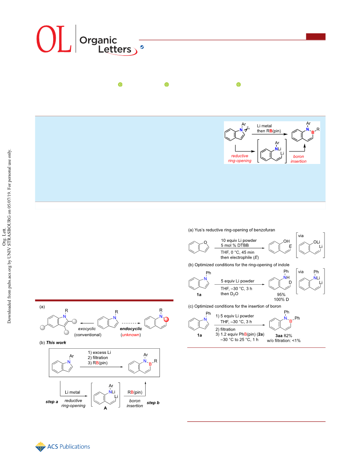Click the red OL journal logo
[x=54, y=39]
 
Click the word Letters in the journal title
[x=115, y=49]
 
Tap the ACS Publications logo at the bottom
[x=63, y=447]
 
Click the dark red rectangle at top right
[x=315, y=36]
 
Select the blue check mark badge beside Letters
[x=142, y=47]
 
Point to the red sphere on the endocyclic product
[x=166, y=319]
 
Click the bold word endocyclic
[x=131, y=329]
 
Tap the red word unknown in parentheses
[x=131, y=335]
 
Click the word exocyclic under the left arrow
[x=87, y=329]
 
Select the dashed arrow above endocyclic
[x=130, y=323]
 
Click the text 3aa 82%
[x=284, y=336]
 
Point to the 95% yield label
[x=281, y=294]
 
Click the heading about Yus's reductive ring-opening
[x=232, y=230]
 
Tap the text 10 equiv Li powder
[x=239, y=240]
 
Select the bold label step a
[x=52, y=402]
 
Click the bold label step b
[x=153, y=403]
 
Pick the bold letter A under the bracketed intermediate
[x=105, y=408]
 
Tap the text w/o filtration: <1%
[x=284, y=341]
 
